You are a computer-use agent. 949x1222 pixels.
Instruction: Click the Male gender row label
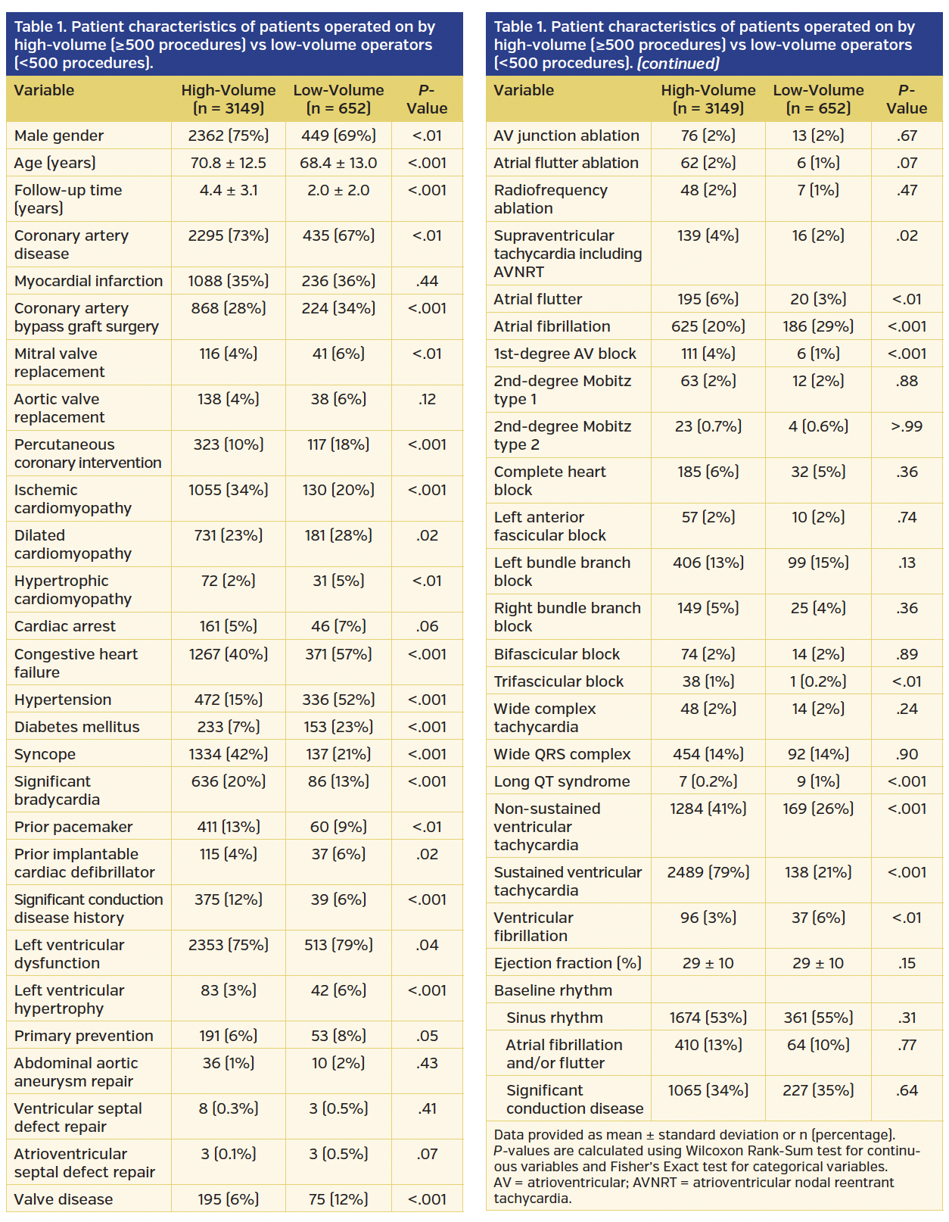[x=59, y=136]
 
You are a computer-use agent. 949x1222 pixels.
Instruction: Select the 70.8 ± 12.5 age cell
[x=228, y=163]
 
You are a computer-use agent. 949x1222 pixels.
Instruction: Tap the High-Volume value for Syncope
[x=228, y=754]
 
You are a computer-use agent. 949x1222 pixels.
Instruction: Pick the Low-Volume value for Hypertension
[x=338, y=700]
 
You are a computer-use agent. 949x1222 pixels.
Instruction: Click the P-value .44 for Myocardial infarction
[x=427, y=281]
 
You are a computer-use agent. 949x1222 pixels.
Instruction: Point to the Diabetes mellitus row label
[x=76, y=727]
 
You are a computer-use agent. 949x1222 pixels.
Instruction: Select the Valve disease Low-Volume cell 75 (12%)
[x=338, y=1199]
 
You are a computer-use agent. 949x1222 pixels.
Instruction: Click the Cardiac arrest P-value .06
[x=427, y=626]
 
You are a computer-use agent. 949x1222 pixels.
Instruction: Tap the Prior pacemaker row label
[x=73, y=827]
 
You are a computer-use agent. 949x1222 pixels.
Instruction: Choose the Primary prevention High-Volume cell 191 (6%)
[x=228, y=1036]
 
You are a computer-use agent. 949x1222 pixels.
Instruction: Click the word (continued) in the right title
[x=677, y=63]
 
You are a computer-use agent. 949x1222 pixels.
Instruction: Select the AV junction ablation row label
[x=566, y=136]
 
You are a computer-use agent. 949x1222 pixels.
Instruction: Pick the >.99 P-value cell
[x=907, y=426]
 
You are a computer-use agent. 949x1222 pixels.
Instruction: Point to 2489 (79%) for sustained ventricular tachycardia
[x=708, y=872]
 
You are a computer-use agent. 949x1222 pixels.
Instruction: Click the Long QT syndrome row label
[x=562, y=781]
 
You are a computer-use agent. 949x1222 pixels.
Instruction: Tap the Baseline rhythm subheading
[x=553, y=990]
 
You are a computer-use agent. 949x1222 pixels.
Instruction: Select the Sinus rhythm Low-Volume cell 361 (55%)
[x=818, y=1018]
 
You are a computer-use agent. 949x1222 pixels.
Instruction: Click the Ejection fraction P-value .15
[x=907, y=963]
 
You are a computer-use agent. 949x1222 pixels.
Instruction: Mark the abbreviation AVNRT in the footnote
[x=657, y=1183]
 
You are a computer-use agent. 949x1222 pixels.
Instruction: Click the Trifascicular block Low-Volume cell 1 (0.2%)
[x=818, y=681]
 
